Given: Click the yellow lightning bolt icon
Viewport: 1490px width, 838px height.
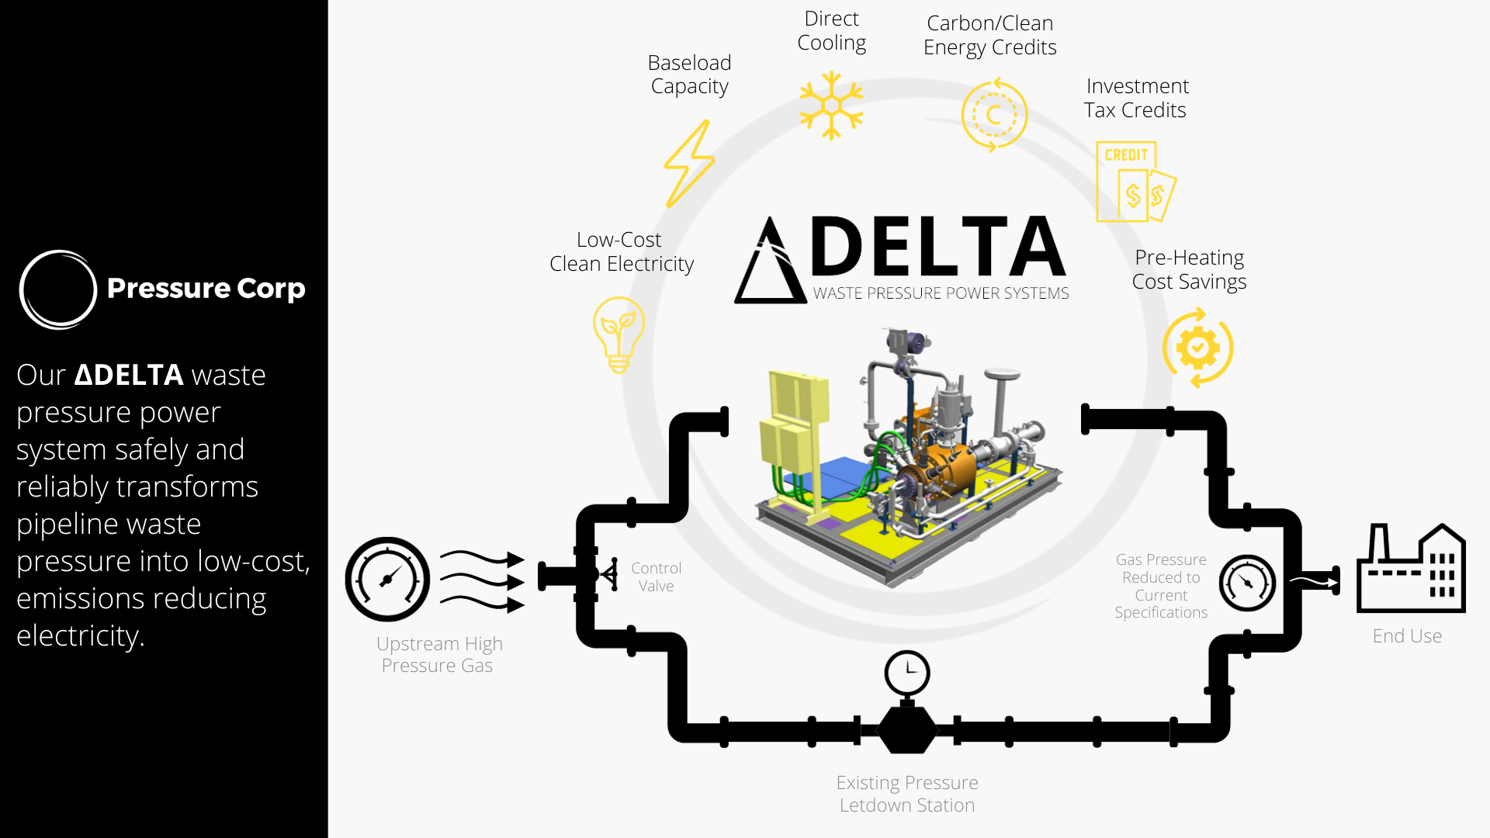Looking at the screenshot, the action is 689,164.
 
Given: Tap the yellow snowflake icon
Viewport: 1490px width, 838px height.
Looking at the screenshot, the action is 831,106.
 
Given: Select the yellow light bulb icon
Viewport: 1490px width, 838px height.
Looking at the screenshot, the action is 619,334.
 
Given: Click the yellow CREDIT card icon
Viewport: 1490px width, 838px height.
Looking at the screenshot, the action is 1135,182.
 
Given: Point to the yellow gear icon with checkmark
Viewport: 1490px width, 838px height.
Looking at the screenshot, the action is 1197,348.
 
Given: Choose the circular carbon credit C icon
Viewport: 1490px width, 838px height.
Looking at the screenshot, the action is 994,115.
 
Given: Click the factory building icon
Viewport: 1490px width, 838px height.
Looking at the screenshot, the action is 1411,568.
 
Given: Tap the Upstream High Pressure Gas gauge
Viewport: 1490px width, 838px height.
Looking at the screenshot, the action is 387,579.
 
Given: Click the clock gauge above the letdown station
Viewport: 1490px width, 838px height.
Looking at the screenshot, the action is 906,673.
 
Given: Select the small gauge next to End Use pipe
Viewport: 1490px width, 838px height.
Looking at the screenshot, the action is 1247,583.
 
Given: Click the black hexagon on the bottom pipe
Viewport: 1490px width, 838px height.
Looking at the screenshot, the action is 906,729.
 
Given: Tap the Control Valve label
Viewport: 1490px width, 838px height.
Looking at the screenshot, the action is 656,577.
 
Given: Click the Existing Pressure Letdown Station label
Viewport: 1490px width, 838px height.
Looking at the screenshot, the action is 907,794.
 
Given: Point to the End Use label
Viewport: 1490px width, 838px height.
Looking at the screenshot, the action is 1407,636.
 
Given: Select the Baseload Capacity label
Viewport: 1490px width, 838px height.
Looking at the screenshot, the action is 689,74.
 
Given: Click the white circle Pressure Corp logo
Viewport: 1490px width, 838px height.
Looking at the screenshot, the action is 58,289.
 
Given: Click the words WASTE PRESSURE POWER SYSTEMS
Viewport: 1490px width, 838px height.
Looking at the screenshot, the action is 941,293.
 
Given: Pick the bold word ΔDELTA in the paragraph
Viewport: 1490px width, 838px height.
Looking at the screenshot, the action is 129,375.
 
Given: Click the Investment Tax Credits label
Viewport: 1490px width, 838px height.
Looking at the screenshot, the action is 1136,98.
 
